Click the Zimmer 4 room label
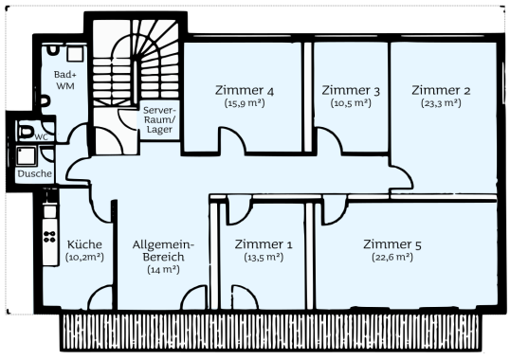tap(245, 90)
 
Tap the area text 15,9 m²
tap(245, 103)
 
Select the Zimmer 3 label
tap(351, 90)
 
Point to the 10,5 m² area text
tap(351, 103)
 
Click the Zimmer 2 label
tap(441, 90)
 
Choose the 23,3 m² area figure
tap(441, 103)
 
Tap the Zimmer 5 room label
tap(392, 244)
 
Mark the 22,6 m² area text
tap(392, 257)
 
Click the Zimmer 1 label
tap(264, 244)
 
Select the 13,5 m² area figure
tap(264, 257)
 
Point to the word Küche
tap(84, 244)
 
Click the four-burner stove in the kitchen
tap(50, 236)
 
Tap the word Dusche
tap(35, 173)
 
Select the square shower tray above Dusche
tap(26, 156)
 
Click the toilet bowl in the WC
tap(26, 131)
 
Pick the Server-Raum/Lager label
tap(159, 119)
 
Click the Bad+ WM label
tap(65, 81)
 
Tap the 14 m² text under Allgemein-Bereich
tap(163, 269)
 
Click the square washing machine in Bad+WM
tap(76, 54)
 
